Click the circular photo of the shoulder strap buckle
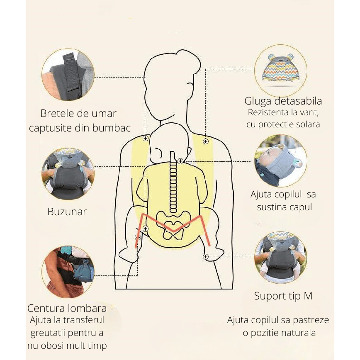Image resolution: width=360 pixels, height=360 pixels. (x=68, y=75)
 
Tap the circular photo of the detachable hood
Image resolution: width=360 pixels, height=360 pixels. (x=280, y=71)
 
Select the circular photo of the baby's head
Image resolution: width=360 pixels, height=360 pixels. (x=280, y=161)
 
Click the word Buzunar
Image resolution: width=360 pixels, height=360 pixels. (x=67, y=212)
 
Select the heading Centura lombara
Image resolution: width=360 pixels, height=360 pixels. (x=67, y=308)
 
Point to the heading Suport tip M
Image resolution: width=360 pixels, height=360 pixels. (x=283, y=296)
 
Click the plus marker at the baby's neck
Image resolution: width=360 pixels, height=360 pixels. (x=180, y=161)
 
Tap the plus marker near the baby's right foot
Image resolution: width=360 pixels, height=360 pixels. (x=205, y=257)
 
